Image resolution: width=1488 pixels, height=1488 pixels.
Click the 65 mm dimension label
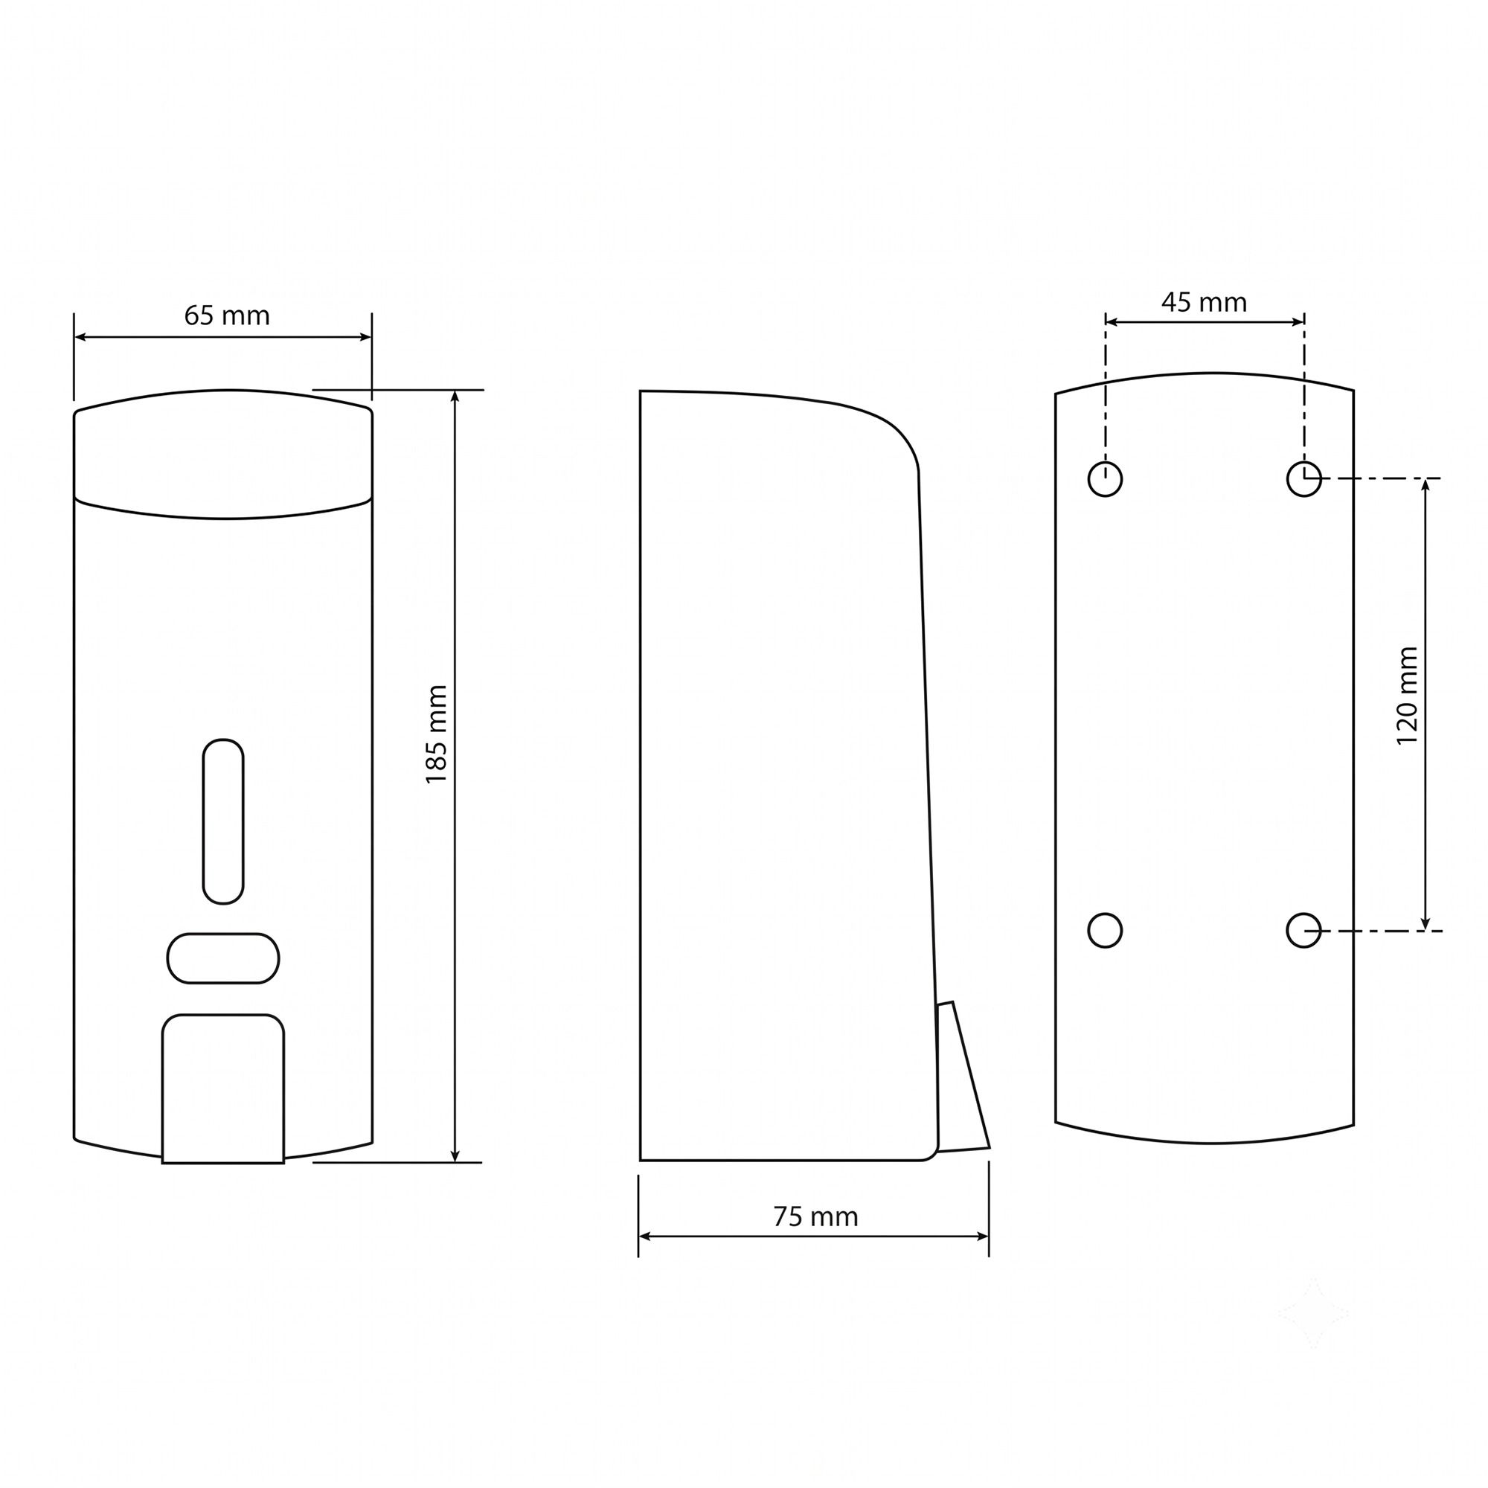click(x=227, y=315)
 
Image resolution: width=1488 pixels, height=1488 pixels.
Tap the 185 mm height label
click(x=437, y=735)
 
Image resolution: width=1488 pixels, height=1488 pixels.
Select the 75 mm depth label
click(x=815, y=1217)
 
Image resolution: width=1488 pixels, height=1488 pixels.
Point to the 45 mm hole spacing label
click(x=1205, y=303)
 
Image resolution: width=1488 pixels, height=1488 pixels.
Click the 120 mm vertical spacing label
click(x=1407, y=696)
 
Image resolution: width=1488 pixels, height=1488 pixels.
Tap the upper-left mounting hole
click(x=1106, y=480)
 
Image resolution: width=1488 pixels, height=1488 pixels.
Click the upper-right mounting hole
click(x=1304, y=480)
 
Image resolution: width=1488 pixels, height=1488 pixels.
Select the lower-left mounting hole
click(x=1106, y=931)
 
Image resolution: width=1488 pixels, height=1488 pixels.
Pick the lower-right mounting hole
click(x=1304, y=931)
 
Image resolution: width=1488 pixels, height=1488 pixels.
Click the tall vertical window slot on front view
click(x=223, y=821)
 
